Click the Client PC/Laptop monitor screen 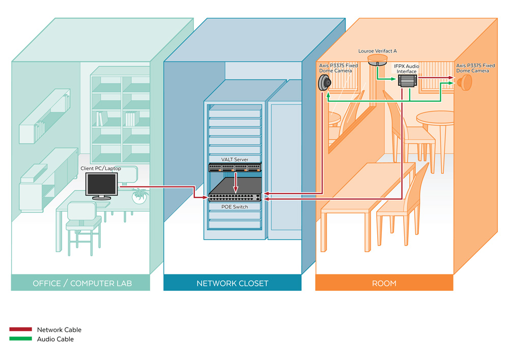pyautogui.click(x=101, y=184)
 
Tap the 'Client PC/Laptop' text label pyautogui.click(x=101, y=168)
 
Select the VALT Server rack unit pyautogui.click(x=235, y=168)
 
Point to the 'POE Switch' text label pyautogui.click(x=234, y=207)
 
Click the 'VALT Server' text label pyautogui.click(x=234, y=159)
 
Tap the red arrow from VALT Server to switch pyautogui.click(x=236, y=182)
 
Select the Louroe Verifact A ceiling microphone pyautogui.click(x=377, y=60)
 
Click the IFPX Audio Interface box pyautogui.click(x=407, y=80)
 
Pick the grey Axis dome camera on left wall pyautogui.click(x=324, y=82)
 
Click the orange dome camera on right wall pyautogui.click(x=466, y=82)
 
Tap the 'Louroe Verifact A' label pyautogui.click(x=377, y=51)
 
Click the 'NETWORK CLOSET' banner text pyautogui.click(x=233, y=284)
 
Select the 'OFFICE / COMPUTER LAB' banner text pyautogui.click(x=82, y=284)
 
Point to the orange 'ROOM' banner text pyautogui.click(x=384, y=284)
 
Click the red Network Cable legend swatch pyautogui.click(x=20, y=329)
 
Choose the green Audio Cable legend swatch pyautogui.click(x=20, y=339)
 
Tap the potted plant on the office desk pyautogui.click(x=139, y=196)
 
